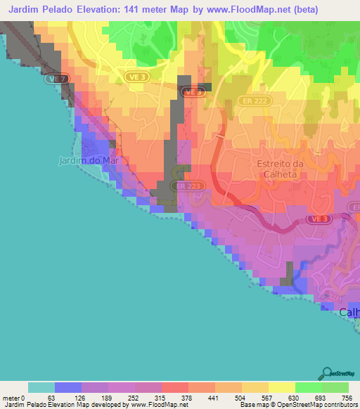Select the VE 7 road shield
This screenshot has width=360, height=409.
pos(58,79)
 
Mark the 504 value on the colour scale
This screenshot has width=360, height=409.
pos(241,398)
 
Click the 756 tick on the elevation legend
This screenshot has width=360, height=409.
pos(347,398)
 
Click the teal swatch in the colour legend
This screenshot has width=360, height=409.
pos(41,387)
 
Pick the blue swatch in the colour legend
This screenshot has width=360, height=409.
pos(67,387)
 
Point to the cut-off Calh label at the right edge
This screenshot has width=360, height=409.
pos(349,313)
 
